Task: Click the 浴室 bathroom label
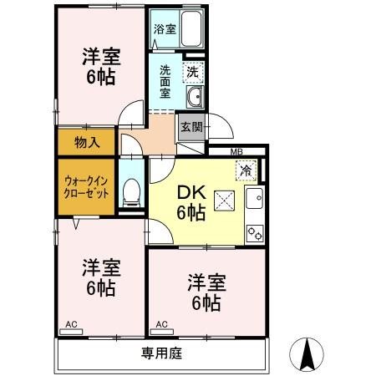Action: tap(165, 28)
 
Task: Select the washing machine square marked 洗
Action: tap(192, 73)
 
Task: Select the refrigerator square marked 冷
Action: tap(246, 170)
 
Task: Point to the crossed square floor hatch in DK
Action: tap(224, 201)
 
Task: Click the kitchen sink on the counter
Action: tap(254, 201)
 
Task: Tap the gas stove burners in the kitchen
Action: tap(255, 233)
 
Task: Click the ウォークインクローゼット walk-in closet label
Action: tap(86, 186)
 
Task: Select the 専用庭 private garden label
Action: tap(162, 353)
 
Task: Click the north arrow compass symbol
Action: tap(308, 355)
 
